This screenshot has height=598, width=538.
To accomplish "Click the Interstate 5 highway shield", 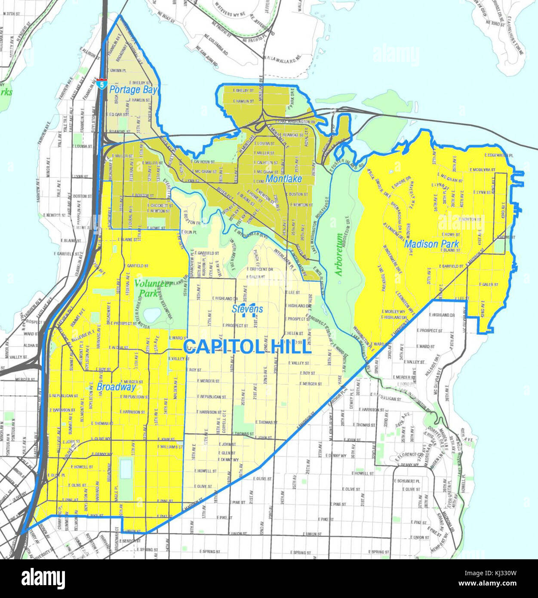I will pyautogui.click(x=101, y=83).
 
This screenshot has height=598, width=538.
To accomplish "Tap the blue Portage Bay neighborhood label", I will pyautogui.click(x=133, y=89).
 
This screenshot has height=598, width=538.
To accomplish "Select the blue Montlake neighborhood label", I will pyautogui.click(x=283, y=179).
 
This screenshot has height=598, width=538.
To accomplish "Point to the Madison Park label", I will pyautogui.click(x=431, y=244).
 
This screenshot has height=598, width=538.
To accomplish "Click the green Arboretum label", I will pyautogui.click(x=339, y=255).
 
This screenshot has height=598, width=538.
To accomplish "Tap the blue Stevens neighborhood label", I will pyautogui.click(x=247, y=309).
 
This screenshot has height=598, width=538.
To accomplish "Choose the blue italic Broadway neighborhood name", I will pyautogui.click(x=116, y=387).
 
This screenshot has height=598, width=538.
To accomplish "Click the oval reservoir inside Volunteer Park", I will pyautogui.click(x=151, y=315).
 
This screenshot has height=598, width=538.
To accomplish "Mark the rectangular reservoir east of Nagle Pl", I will pyautogui.click(x=125, y=469).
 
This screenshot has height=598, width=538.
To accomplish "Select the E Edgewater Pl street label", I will pyautogui.click(x=499, y=155).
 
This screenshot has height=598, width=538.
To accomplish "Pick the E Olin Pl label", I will pyautogui.click(x=189, y=232).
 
